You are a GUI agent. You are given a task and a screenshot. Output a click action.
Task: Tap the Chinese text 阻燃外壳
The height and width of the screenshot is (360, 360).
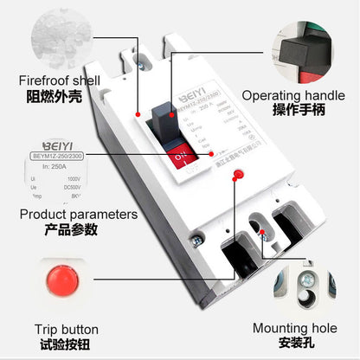pos(51,98)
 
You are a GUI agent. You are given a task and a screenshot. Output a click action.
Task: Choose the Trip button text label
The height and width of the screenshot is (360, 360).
pos(67,330)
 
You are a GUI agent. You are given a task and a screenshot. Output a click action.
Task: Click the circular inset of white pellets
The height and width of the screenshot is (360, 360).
pos(52,37)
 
